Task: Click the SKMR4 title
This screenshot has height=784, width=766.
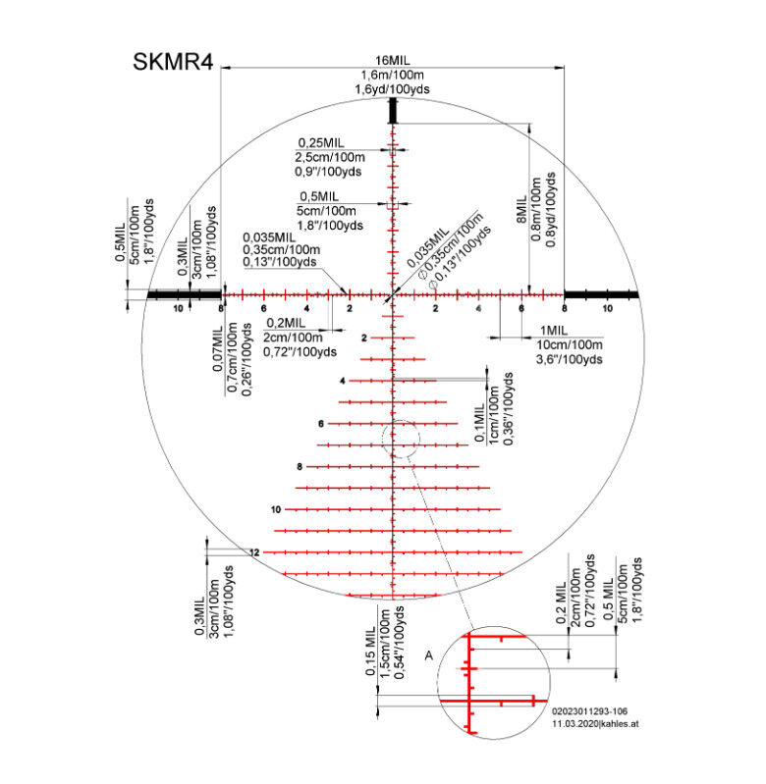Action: click(x=173, y=62)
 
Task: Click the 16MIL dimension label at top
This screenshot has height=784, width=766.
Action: click(x=393, y=61)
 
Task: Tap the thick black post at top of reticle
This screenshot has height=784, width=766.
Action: click(x=393, y=111)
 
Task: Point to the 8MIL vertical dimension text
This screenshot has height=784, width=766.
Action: click(x=521, y=209)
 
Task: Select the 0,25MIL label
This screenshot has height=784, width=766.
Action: click(x=321, y=143)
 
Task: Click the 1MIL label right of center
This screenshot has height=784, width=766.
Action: click(x=554, y=331)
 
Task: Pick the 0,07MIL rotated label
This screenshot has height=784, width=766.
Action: click(x=217, y=348)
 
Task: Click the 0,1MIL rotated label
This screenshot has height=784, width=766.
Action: click(x=479, y=423)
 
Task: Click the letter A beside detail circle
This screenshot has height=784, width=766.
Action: click(x=429, y=655)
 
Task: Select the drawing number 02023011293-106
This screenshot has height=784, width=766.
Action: click(x=589, y=711)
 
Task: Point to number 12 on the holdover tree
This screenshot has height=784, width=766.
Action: click(x=254, y=552)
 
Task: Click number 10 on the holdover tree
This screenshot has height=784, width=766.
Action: click(x=276, y=509)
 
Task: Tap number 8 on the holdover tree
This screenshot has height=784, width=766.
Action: click(x=300, y=466)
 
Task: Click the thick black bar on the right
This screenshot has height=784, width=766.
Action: click(x=601, y=294)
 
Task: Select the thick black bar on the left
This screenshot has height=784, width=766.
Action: click(x=184, y=294)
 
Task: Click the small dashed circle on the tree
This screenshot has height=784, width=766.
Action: click(x=401, y=439)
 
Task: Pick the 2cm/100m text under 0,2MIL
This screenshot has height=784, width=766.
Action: click(x=294, y=338)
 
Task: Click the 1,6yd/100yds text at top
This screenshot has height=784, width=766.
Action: click(x=392, y=89)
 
